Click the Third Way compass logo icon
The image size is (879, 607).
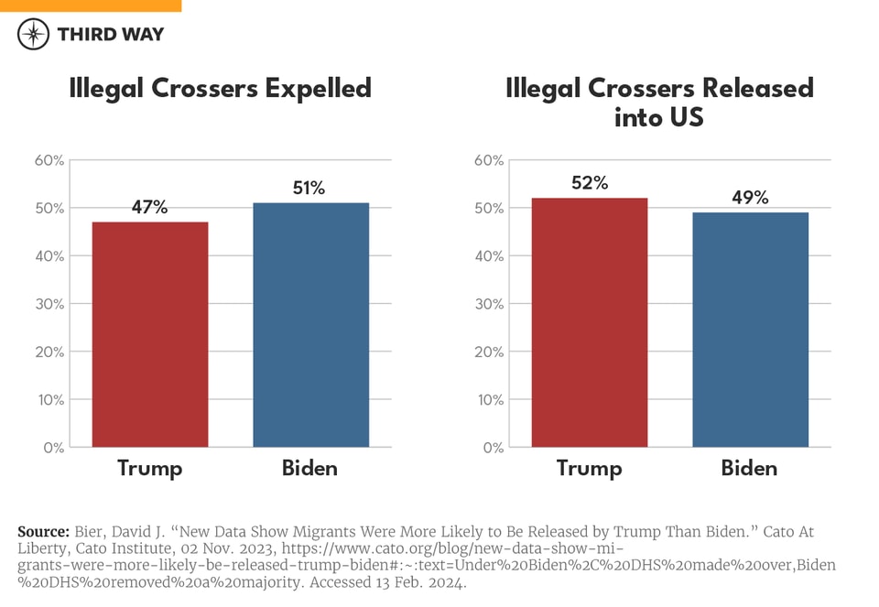(x=33, y=34)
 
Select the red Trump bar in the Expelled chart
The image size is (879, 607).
(x=149, y=334)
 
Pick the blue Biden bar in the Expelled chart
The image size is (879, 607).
(x=310, y=325)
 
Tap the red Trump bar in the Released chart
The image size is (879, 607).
(x=589, y=322)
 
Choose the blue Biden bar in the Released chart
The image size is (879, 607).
(x=750, y=330)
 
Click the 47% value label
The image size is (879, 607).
(x=149, y=208)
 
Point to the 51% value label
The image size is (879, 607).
(x=309, y=189)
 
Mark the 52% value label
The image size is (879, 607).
(x=589, y=183)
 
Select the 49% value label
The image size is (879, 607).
(x=750, y=198)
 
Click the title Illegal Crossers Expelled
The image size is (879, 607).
(x=221, y=89)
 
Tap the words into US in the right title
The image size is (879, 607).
(x=659, y=118)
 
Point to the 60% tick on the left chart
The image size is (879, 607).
(x=49, y=160)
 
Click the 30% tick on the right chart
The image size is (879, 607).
(x=489, y=304)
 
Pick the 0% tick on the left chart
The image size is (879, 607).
(x=53, y=448)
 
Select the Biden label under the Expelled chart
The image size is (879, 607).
(x=309, y=469)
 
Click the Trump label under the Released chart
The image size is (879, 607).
(x=589, y=469)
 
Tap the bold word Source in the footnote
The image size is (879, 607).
(x=43, y=532)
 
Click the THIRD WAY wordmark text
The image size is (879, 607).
(x=110, y=35)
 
